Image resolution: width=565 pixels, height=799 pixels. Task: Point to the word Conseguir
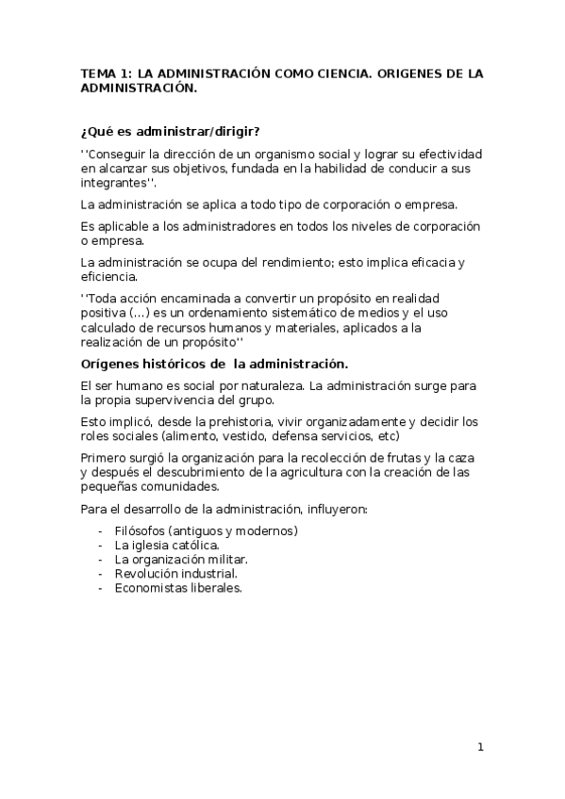click(115, 154)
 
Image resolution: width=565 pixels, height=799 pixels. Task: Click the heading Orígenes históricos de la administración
click(214, 364)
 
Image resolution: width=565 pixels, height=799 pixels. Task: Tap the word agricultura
click(327, 472)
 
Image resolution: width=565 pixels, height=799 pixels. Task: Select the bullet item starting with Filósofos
click(206, 530)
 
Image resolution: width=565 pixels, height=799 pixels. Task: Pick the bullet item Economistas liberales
click(178, 587)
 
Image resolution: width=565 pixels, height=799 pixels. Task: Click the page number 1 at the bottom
click(480, 748)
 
